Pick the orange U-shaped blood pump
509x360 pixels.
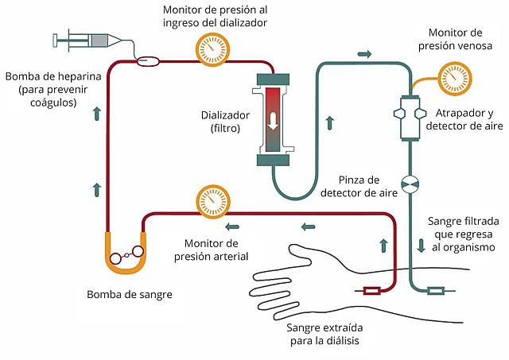(x=126, y=254)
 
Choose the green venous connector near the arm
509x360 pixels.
(x=437, y=291)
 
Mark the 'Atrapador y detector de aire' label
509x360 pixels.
(x=464, y=119)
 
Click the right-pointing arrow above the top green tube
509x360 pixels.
(x=365, y=54)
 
